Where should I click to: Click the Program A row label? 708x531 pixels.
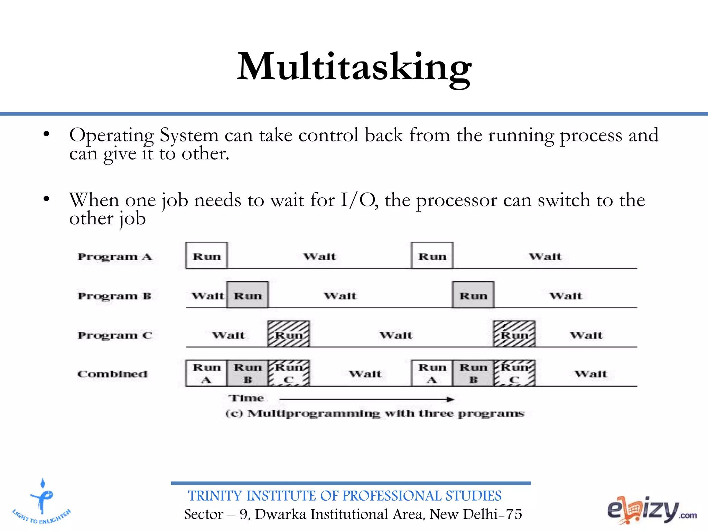click(115, 257)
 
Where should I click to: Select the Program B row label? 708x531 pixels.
click(114, 296)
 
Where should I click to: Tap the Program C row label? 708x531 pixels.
click(115, 335)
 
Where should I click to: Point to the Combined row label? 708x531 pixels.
click(112, 374)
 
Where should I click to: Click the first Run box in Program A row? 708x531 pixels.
click(206, 256)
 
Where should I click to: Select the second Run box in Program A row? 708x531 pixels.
click(432, 256)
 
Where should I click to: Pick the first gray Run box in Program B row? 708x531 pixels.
click(248, 295)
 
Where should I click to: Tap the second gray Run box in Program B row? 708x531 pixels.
click(473, 295)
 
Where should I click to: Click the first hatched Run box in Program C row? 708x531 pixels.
click(289, 334)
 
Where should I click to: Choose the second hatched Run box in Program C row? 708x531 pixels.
click(514, 334)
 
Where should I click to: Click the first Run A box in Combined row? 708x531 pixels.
click(206, 373)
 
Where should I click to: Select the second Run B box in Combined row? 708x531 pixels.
click(473, 373)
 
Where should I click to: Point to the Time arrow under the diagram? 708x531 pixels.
click(366, 400)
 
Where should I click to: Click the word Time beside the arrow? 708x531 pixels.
click(246, 398)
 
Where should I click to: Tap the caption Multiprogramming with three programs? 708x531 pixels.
click(375, 413)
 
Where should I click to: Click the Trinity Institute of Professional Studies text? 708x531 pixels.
click(344, 496)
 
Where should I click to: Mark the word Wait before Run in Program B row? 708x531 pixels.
click(208, 296)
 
